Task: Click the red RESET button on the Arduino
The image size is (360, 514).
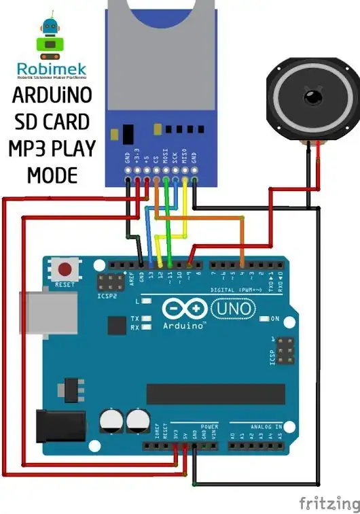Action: pos(65,269)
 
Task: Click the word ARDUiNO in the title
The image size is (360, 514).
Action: pos(52,96)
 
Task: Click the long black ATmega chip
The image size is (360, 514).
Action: pos(216,394)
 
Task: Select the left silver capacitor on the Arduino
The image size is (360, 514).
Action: pos(111,419)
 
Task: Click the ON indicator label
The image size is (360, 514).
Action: pos(275,318)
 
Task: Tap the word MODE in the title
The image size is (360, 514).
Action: pos(52,175)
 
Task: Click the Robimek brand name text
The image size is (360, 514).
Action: pos(51,68)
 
